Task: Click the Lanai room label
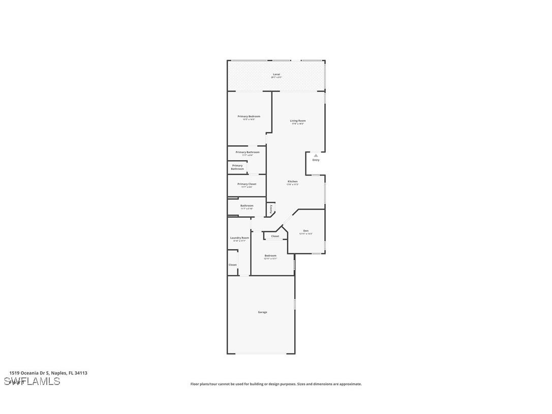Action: click(x=276, y=74)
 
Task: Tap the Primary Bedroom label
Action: click(x=249, y=116)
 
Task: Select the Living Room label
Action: click(x=298, y=121)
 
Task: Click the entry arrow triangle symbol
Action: click(x=316, y=155)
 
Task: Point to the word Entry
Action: click(x=316, y=160)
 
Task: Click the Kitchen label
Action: click(x=293, y=182)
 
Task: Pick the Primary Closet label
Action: click(x=247, y=184)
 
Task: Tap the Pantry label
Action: click(x=271, y=209)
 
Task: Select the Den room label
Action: click(x=306, y=231)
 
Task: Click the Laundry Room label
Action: click(x=239, y=238)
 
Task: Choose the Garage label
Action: click(x=262, y=312)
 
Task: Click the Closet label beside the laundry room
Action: click(x=232, y=265)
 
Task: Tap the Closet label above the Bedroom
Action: click(x=275, y=236)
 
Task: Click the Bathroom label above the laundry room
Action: click(x=247, y=205)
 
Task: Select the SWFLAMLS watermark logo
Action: click(x=32, y=381)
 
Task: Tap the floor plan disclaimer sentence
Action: click(x=276, y=384)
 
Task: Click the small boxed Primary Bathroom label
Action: click(x=237, y=167)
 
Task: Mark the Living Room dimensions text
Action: click(x=298, y=124)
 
